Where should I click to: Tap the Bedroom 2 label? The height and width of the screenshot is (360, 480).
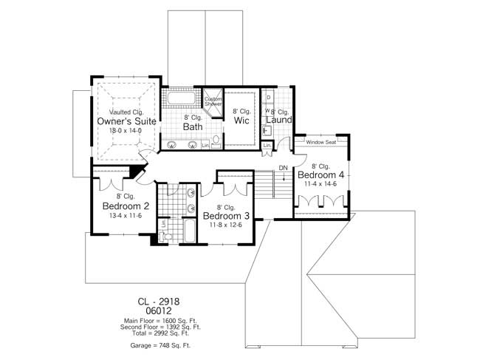click(x=126, y=206)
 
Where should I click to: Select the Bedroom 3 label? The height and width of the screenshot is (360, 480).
click(x=227, y=216)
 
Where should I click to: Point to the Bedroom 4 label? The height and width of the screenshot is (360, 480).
click(x=321, y=175)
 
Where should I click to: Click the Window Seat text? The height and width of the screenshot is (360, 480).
click(x=321, y=142)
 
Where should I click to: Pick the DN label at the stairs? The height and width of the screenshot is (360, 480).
click(x=283, y=168)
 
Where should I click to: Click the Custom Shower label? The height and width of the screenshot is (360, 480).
click(x=213, y=101)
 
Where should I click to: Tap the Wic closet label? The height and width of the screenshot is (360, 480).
click(x=241, y=120)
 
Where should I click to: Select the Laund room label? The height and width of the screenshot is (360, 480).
click(x=279, y=120)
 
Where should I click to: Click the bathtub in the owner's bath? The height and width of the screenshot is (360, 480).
click(x=181, y=98)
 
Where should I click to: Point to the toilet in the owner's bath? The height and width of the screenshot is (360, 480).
click(x=216, y=140)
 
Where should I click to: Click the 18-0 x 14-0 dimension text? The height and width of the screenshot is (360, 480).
click(x=124, y=131)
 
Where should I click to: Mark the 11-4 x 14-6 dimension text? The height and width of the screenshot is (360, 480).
click(x=321, y=185)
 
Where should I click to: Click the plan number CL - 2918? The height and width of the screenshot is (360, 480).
click(x=159, y=302)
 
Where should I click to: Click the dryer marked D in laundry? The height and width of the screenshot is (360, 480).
click(x=268, y=98)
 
